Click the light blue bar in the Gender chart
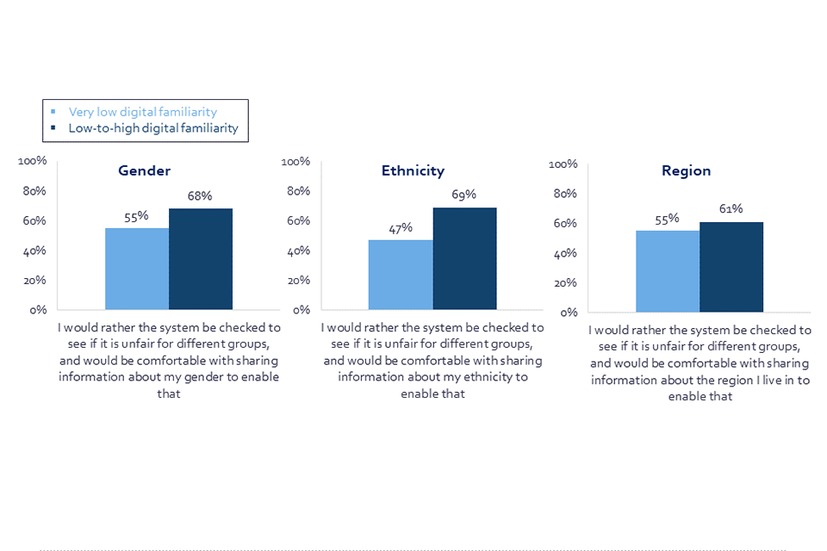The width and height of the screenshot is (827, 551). coord(137,268)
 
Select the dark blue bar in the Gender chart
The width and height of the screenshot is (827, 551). coord(201,258)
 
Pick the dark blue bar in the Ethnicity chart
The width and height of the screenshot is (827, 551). coord(464,258)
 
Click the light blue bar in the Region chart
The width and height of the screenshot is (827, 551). coord(668,270)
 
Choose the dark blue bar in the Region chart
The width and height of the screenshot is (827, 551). coord(731,267)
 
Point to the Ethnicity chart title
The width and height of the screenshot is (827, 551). coord(413,170)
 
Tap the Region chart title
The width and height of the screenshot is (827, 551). coord(686,170)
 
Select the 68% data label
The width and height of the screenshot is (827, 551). coord(200,196)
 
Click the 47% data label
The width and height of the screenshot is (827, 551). coord(401,228)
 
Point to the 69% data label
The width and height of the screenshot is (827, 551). coord(463,195)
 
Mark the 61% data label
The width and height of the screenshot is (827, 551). coord(731,208)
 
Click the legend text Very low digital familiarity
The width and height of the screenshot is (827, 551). coord(143,112)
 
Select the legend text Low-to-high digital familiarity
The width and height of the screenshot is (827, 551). coord(153,129)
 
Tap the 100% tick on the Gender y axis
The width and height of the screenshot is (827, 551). coord(33,161)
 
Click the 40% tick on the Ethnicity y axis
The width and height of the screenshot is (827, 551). coord(298,251)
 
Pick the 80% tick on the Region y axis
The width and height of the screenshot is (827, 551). coord(563,194)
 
